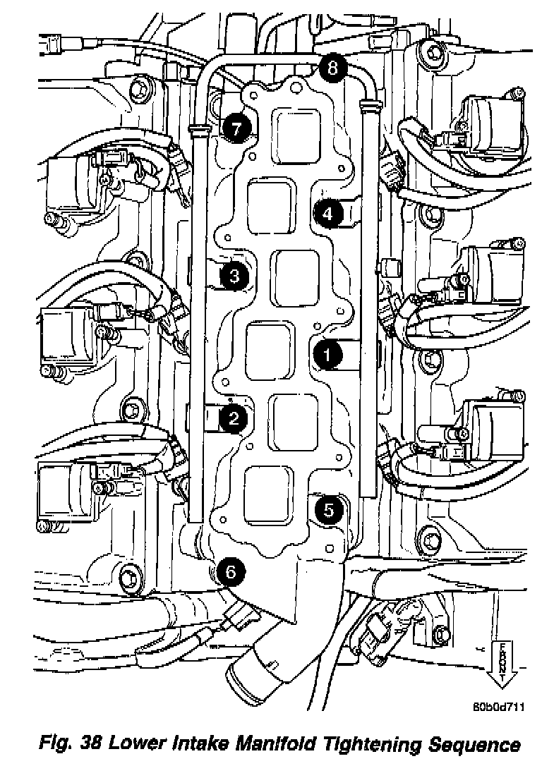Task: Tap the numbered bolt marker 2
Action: (x=232, y=419)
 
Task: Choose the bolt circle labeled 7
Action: (x=236, y=128)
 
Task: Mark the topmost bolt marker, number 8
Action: (x=332, y=68)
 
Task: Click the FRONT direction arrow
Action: (x=502, y=662)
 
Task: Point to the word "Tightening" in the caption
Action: (x=374, y=744)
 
